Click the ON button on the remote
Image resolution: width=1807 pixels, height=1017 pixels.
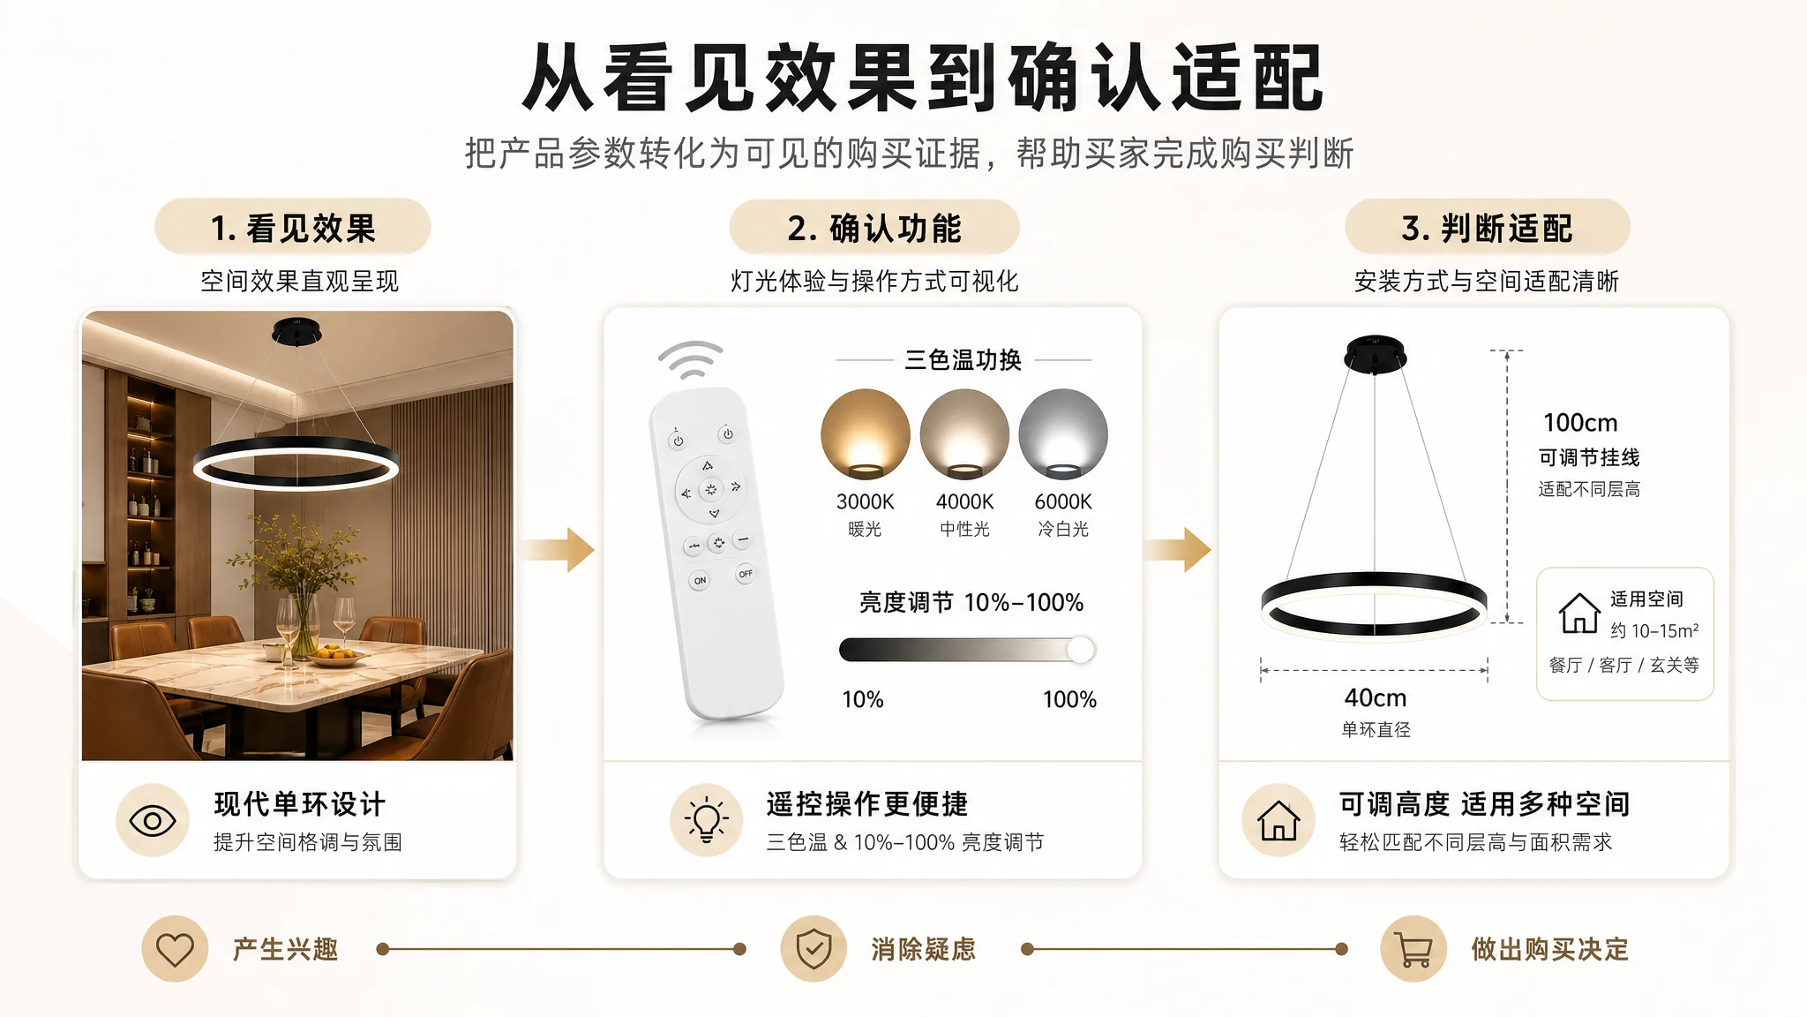[700, 581]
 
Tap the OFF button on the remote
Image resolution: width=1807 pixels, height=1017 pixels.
[746, 574]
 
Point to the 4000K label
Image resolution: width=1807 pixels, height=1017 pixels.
[964, 501]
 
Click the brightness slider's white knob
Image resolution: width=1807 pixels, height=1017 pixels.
[1081, 650]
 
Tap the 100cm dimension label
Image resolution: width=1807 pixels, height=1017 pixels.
[1580, 423]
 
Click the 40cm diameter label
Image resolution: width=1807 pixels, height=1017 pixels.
[1376, 698]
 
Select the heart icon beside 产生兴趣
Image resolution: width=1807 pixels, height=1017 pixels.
[175, 950]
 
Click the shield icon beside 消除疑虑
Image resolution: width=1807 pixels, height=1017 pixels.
[814, 950]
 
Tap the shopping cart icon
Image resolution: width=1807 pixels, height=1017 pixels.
[1413, 950]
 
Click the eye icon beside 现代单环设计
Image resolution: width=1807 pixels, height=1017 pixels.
[153, 821]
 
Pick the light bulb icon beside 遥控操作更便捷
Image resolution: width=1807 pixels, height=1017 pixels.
[706, 820]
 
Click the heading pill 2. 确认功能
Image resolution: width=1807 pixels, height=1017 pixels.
[874, 228]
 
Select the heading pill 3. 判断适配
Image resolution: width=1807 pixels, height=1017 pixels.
[1488, 228]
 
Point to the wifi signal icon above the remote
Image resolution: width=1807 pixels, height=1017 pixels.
[690, 360]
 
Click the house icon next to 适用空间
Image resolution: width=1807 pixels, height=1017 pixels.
[1579, 613]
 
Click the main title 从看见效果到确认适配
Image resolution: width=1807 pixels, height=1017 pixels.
[923, 78]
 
